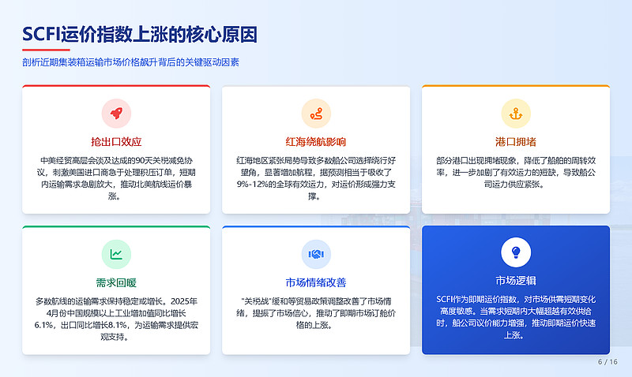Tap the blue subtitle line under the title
tap(130, 62)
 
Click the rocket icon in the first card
tap(116, 113)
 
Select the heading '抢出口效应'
tap(116, 142)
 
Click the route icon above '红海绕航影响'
tap(316, 113)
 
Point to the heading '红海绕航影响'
tap(316, 142)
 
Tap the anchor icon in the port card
tap(516, 113)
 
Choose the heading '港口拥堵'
tap(516, 142)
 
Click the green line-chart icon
tap(116, 254)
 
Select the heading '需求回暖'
tap(116, 282)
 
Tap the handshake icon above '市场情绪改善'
tap(316, 254)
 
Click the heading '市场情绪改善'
tap(316, 282)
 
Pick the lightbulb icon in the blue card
tap(516, 252)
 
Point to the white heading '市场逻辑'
tap(516, 281)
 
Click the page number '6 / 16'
tap(608, 362)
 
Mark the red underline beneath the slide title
tap(41, 50)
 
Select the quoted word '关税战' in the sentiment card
tap(256, 300)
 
